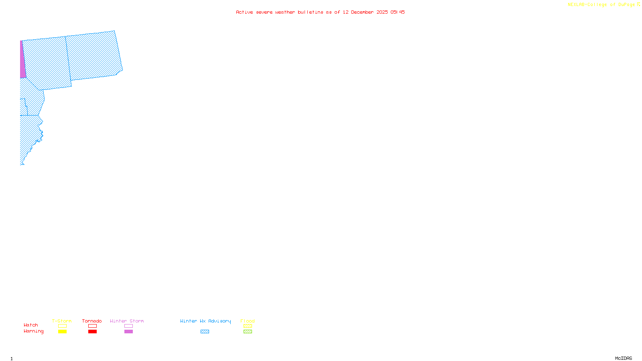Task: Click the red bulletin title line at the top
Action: coord(320,12)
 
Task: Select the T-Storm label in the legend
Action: coord(62,321)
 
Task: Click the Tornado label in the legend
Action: coord(92,321)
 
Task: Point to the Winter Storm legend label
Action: coord(127,321)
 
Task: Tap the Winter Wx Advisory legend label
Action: coord(205,321)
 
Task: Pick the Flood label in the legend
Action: coord(248,321)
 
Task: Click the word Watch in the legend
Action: coord(31,325)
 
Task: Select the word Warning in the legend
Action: coord(33,331)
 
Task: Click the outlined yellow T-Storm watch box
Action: coord(62,326)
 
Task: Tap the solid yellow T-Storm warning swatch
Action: coord(62,332)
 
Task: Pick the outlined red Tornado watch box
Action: coord(92,326)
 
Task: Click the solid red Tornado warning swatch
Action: coord(92,332)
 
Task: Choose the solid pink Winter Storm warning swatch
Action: coord(128,332)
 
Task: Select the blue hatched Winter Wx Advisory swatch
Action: coord(205,332)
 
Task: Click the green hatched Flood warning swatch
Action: coord(248,332)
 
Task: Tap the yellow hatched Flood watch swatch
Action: coord(248,326)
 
